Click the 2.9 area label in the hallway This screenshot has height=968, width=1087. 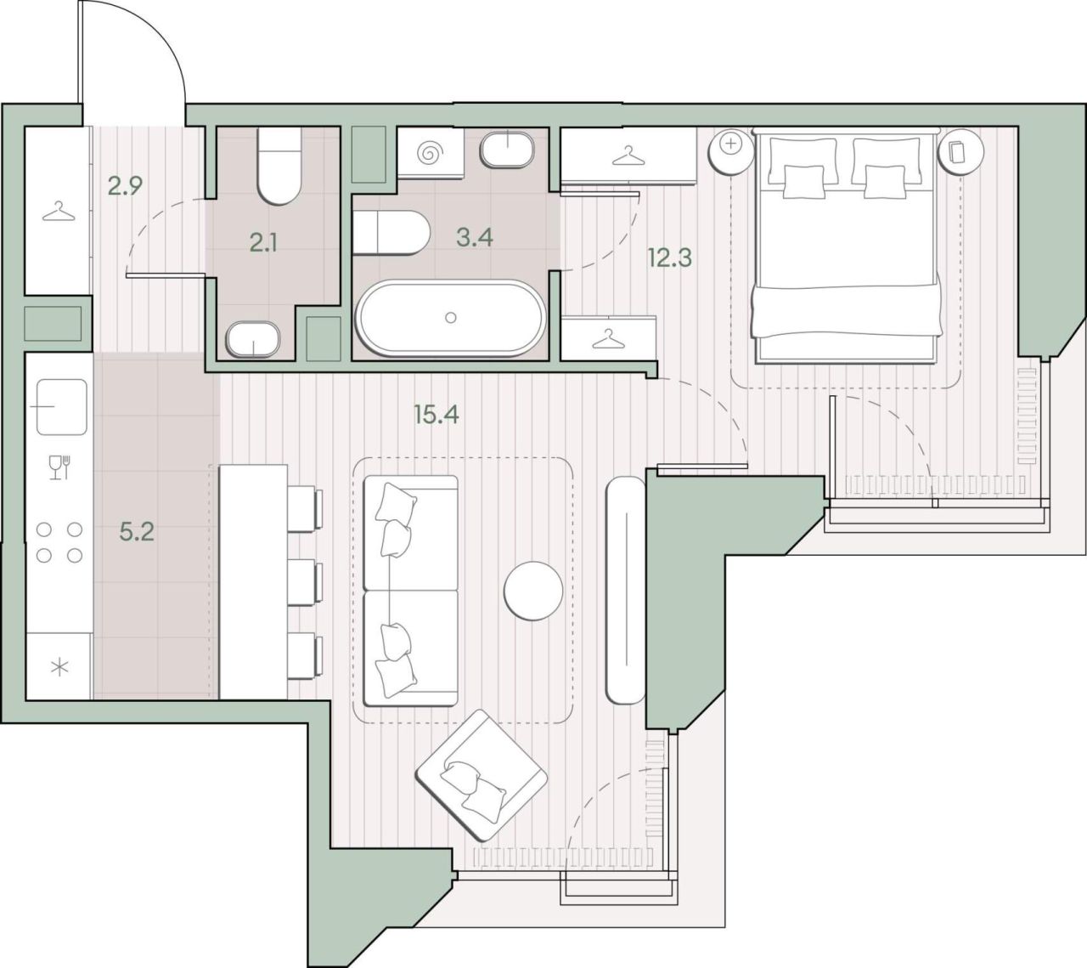tap(125, 187)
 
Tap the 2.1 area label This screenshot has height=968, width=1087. tap(263, 244)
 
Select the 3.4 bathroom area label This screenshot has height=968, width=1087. tap(475, 237)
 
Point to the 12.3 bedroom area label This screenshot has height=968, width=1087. tap(669, 258)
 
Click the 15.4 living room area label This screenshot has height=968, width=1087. tap(436, 414)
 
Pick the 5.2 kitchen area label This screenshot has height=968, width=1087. tap(137, 532)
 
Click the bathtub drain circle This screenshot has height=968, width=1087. tap(451, 318)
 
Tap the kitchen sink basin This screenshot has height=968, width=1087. tap(62, 407)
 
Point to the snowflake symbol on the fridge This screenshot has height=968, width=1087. tap(59, 668)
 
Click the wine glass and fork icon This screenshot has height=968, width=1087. tap(59, 467)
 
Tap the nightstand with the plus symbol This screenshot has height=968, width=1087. tap(730, 151)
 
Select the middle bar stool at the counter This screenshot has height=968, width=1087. tap(306, 582)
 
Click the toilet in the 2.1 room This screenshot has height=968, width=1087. tap(278, 166)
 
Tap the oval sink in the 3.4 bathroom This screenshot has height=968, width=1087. tap(508, 149)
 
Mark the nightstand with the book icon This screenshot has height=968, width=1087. tap(961, 151)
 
